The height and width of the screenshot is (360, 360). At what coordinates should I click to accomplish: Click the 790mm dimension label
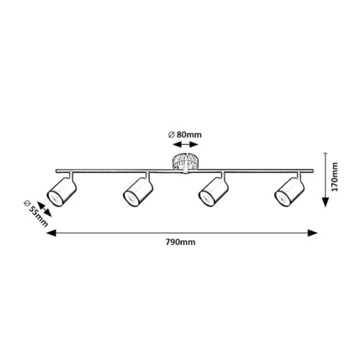coord(181,242)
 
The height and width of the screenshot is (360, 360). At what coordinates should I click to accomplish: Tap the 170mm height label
coord(334,177)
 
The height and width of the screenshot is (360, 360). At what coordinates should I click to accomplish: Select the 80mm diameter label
coord(185,135)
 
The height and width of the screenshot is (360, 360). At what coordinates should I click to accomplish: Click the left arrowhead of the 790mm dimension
coord(51,233)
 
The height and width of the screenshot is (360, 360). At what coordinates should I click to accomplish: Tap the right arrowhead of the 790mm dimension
coord(312,233)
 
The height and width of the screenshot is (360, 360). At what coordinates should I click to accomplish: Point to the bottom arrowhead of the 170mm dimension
coord(325,202)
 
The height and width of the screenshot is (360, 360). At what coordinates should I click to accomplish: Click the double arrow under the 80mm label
coord(186,145)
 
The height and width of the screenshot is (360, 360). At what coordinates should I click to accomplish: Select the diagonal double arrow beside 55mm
coord(44,210)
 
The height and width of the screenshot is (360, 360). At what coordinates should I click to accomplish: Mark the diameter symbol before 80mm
coord(171,135)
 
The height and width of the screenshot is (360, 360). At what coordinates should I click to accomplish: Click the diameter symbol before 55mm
coord(27,204)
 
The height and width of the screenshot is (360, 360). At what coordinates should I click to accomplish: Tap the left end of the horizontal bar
coord(56,171)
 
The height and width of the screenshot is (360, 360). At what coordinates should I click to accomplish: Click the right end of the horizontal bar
coord(312,171)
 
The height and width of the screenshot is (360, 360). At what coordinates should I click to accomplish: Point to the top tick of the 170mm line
coord(325,153)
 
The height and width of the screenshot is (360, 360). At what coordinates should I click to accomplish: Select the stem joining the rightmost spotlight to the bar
coord(299,176)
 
